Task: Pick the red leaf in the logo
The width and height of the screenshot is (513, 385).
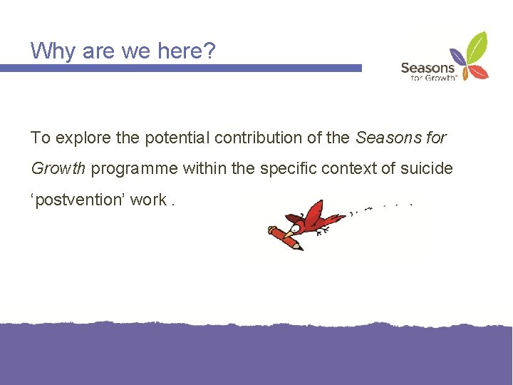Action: [x=480, y=72]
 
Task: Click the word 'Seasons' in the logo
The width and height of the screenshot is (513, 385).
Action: [x=427, y=68]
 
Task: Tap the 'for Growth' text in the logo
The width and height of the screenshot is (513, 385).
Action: [x=433, y=78]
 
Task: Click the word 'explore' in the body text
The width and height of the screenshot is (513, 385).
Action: [x=81, y=138]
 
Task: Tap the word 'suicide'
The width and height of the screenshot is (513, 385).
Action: [x=428, y=168]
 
